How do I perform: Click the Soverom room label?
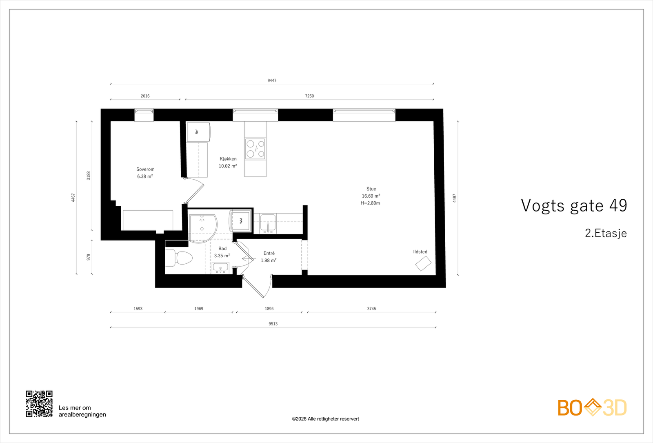pyautogui.click(x=145, y=169)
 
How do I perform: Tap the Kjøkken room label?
pyautogui.click(x=228, y=159)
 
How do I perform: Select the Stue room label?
pyautogui.click(x=371, y=189)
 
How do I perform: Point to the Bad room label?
pyautogui.click(x=222, y=249)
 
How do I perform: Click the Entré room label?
pyautogui.click(x=269, y=253)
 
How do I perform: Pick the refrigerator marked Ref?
pyautogui.click(x=198, y=132)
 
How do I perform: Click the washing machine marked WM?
pyautogui.click(x=241, y=221)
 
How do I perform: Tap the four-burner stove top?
pyautogui.click(x=255, y=149)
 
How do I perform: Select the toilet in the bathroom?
pyautogui.click(x=179, y=258)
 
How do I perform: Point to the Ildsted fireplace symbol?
pyautogui.click(x=423, y=264)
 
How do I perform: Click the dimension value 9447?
pyautogui.click(x=272, y=80)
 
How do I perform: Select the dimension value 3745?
pyautogui.click(x=371, y=309)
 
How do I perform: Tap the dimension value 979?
pyautogui.click(x=88, y=257)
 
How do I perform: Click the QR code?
pyautogui.click(x=39, y=404)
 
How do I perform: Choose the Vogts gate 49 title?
pyautogui.click(x=574, y=206)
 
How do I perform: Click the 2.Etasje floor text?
pyautogui.click(x=606, y=233)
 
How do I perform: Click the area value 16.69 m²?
pyautogui.click(x=371, y=196)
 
